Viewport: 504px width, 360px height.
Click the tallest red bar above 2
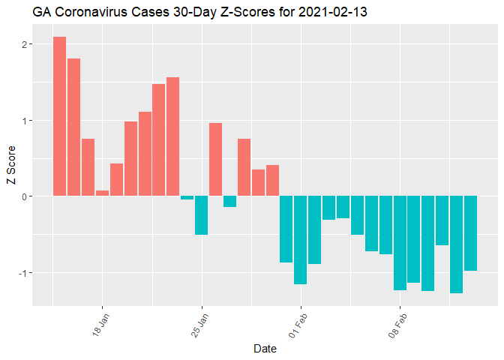[x=59, y=116]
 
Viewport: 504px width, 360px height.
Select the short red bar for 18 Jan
[x=102, y=193]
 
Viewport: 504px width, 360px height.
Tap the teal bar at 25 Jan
[x=201, y=215]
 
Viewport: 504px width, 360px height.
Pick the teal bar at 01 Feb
[x=300, y=240]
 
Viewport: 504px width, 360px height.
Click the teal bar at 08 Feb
[x=400, y=243]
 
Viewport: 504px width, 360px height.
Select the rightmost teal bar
[x=470, y=233]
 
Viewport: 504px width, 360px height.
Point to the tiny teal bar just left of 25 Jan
[x=187, y=198]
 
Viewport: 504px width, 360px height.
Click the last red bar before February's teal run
[x=272, y=181]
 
